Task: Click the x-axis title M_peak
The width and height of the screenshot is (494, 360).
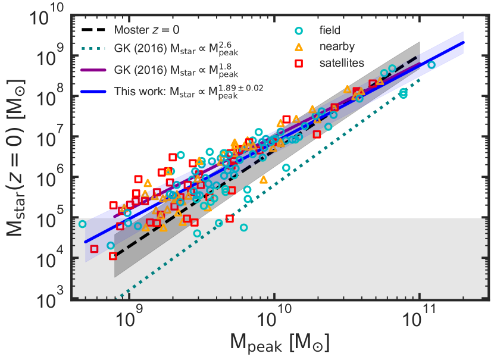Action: click(x=274, y=345)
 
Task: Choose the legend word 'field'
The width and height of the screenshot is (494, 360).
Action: click(x=332, y=29)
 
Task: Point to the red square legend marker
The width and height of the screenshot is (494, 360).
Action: click(x=299, y=61)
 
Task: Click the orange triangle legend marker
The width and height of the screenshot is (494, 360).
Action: click(x=299, y=45)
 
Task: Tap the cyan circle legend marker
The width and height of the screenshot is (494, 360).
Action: click(x=299, y=29)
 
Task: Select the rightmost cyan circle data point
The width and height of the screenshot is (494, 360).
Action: click(x=432, y=65)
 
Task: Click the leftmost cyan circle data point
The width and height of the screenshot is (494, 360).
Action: click(x=82, y=224)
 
